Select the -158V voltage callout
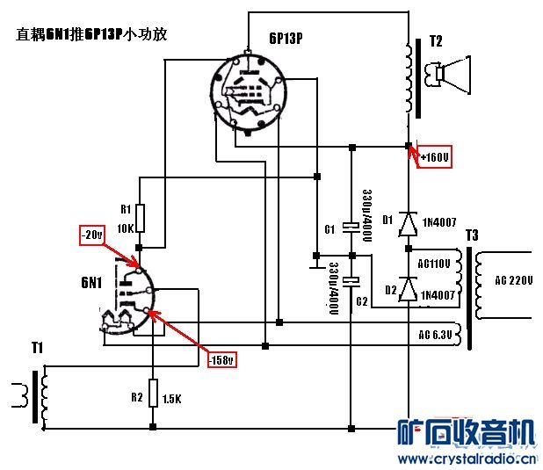[221, 358]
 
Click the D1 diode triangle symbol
[407, 225]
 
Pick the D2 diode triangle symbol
[407, 293]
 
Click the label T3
[473, 235]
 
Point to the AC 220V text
[514, 281]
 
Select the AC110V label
[434, 264]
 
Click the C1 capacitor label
[329, 229]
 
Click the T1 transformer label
[36, 349]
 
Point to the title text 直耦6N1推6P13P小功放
[92, 35]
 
